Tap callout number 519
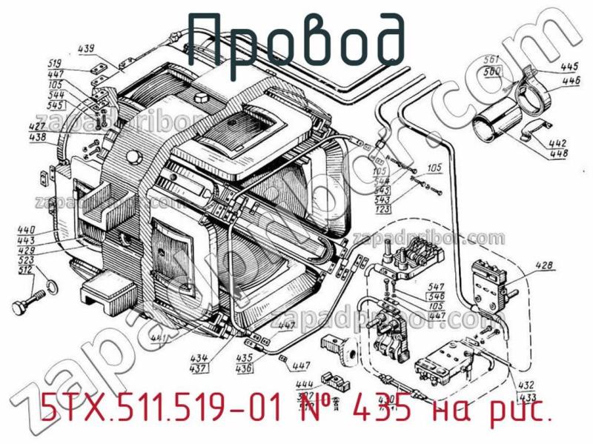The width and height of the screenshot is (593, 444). [75, 62]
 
